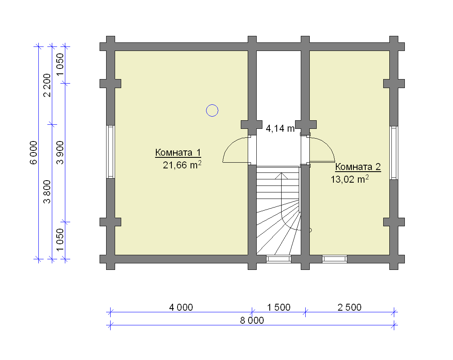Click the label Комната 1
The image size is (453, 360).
178,152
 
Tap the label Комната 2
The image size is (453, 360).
358,167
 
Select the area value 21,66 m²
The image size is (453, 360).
182,165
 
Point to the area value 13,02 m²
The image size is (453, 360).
350,179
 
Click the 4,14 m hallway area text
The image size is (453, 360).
280,128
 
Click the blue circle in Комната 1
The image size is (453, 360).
212,110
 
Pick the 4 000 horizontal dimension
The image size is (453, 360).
181,307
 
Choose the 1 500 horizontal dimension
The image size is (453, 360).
278,307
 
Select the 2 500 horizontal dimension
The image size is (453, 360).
350,307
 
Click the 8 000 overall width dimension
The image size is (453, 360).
252,320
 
